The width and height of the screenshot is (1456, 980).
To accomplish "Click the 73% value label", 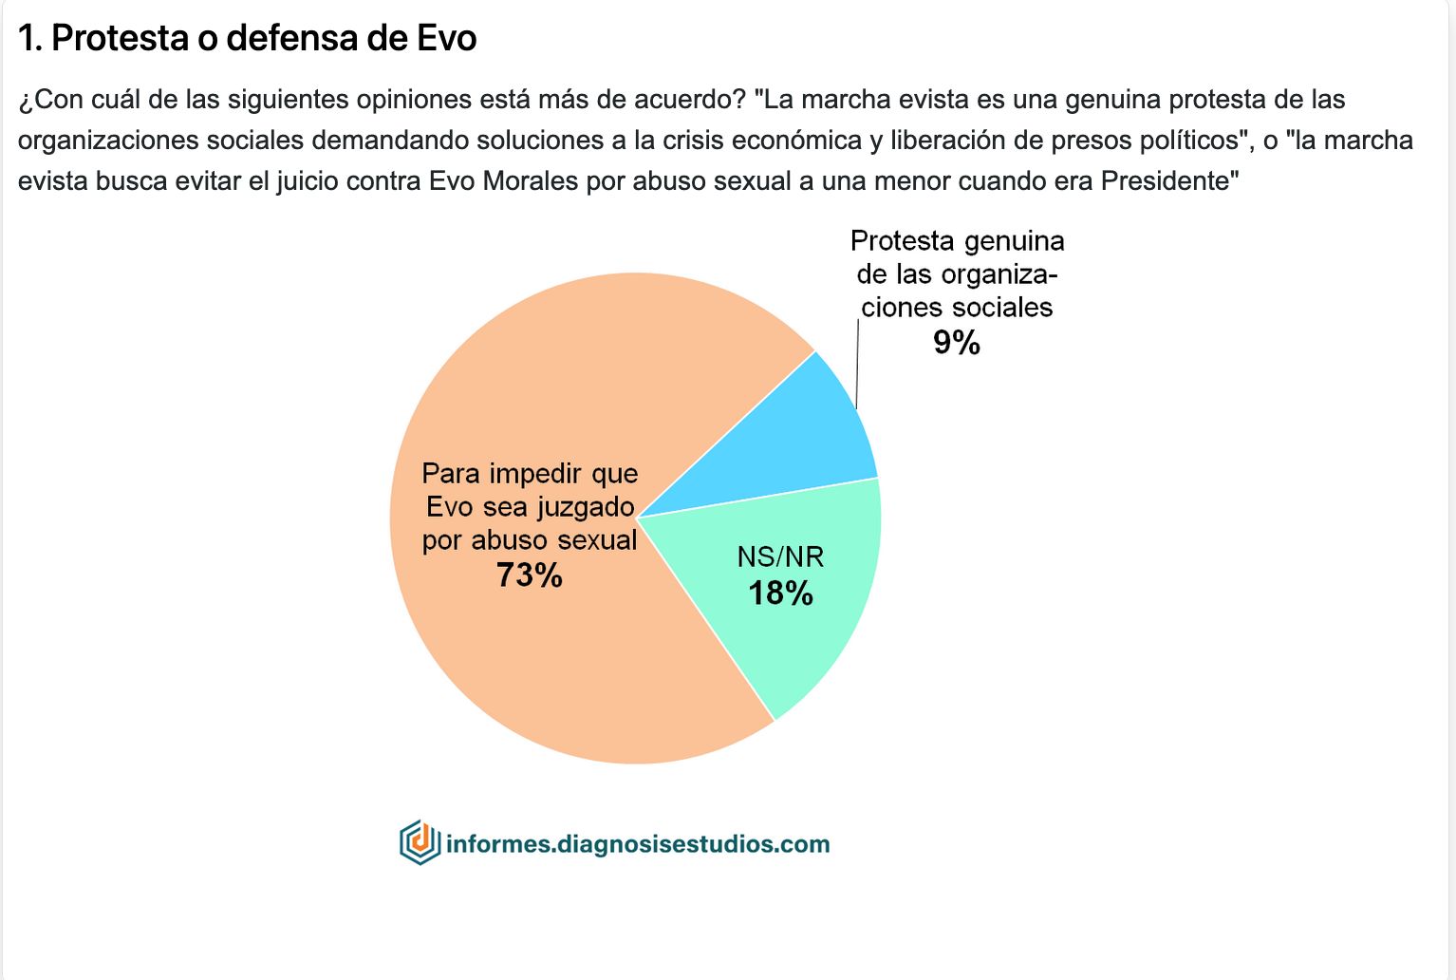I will [x=530, y=575].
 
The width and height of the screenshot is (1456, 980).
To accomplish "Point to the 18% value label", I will [x=780, y=594].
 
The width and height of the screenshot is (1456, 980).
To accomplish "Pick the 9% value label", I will [x=956, y=343].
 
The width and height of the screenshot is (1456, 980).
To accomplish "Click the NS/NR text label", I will [x=780, y=556].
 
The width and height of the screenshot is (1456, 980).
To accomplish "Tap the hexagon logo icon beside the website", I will [x=420, y=842].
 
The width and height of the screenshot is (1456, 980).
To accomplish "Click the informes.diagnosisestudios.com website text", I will [x=638, y=844].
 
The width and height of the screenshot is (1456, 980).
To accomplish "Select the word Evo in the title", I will [x=446, y=38].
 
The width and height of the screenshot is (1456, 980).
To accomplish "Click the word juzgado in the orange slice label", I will [x=586, y=507].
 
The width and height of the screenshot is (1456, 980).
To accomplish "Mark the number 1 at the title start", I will [x=28, y=38].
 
